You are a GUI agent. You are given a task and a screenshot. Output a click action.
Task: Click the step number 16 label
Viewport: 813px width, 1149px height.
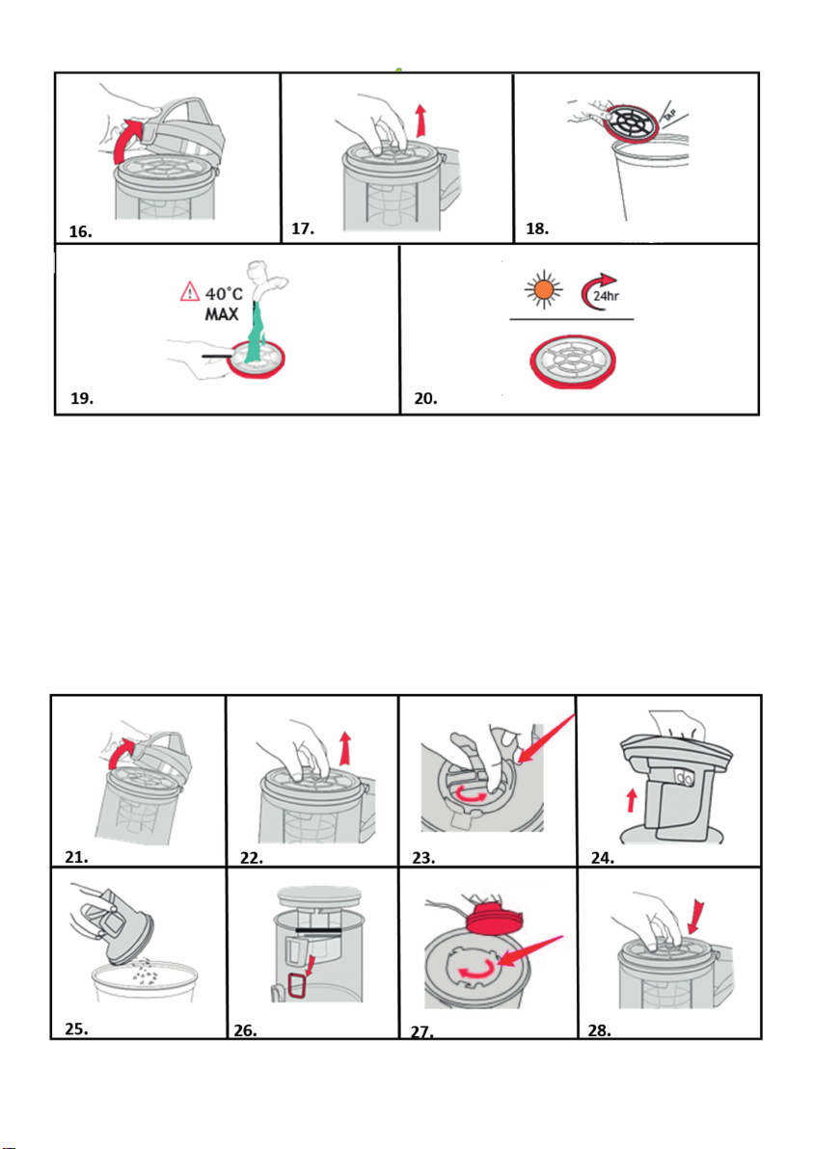click(x=80, y=231)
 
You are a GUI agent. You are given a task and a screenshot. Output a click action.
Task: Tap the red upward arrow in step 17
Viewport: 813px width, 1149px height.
click(x=420, y=120)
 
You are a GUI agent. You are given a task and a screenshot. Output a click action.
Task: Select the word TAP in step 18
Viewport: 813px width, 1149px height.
click(x=669, y=115)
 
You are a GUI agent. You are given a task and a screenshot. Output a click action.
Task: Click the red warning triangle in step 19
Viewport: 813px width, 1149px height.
click(x=190, y=292)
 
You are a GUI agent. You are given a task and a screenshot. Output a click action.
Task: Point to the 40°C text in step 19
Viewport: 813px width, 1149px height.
click(x=224, y=294)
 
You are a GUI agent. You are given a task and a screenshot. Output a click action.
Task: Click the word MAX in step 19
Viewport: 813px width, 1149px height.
click(x=222, y=314)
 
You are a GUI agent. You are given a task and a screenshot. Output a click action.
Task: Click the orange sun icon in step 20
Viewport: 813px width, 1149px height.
click(x=543, y=289)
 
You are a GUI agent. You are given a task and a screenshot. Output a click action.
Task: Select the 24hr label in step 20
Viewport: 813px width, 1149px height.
click(x=606, y=296)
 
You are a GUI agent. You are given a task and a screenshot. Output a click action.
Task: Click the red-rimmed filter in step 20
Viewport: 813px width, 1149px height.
click(x=573, y=361)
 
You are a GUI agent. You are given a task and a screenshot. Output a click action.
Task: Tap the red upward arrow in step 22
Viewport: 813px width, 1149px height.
click(x=344, y=749)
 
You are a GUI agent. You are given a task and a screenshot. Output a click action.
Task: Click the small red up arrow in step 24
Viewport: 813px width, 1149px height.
click(x=631, y=800)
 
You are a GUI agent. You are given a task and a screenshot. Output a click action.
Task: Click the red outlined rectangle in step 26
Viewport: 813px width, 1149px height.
click(x=297, y=985)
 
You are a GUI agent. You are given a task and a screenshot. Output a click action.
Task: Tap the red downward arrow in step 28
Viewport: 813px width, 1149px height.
click(x=695, y=917)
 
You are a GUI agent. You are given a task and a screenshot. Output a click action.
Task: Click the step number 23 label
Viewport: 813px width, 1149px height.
click(x=423, y=857)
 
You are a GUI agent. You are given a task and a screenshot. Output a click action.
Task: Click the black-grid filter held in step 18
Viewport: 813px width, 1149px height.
click(x=631, y=121)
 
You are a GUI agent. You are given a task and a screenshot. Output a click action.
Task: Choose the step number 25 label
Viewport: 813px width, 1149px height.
click(x=76, y=1029)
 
